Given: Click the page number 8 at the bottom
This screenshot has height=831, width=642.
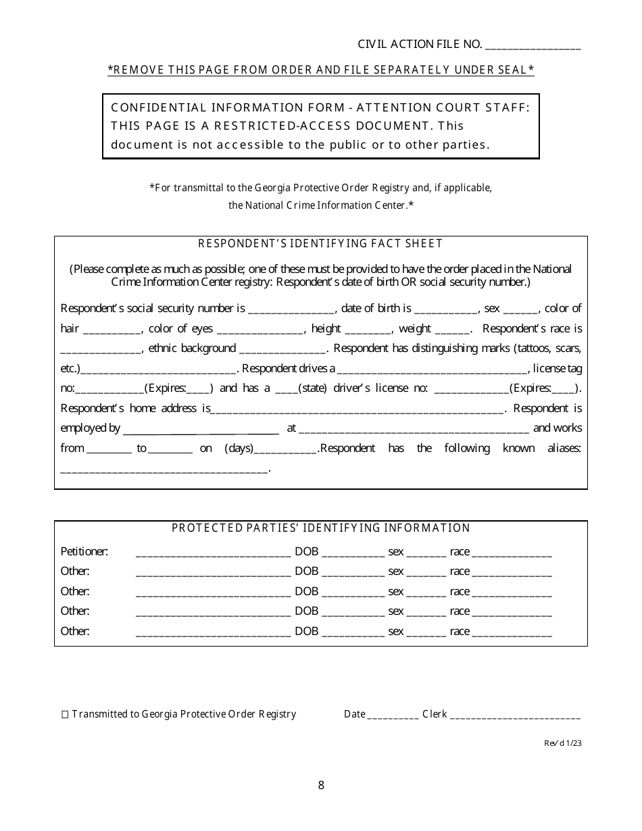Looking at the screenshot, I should [x=321, y=785].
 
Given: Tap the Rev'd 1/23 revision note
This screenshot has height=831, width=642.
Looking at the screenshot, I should [x=562, y=742].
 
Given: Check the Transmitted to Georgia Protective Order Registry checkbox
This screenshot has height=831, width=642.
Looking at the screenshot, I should [x=65, y=714].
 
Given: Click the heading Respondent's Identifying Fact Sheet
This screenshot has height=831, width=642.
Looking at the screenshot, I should [x=320, y=244].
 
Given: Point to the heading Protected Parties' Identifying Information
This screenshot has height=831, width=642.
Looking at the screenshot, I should [x=320, y=528].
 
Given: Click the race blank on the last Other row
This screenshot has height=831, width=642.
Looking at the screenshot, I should [x=512, y=633].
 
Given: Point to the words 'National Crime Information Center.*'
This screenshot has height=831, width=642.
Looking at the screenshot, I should [x=320, y=205].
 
